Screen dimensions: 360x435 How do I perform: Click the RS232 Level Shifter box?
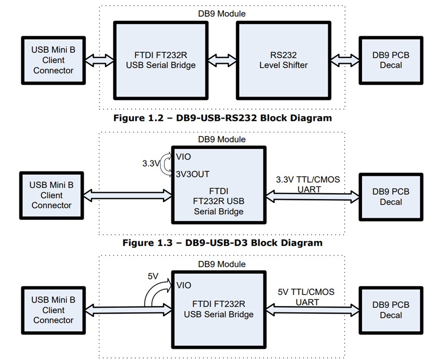coord(283,60)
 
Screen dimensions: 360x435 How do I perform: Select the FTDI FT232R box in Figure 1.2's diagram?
coord(160,60)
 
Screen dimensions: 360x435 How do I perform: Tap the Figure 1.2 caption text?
coord(222,118)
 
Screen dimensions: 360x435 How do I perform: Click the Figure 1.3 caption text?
coord(222,243)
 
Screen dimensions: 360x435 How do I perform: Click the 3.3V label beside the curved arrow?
coord(151,164)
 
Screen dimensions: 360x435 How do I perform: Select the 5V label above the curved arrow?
coord(153,277)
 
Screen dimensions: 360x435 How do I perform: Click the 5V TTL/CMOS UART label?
coord(306,297)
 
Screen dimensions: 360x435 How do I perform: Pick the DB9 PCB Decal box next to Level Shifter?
coord(391,60)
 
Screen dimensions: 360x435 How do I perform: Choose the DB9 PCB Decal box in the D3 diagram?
coord(391,196)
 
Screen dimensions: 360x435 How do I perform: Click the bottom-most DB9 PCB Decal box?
coord(391,310)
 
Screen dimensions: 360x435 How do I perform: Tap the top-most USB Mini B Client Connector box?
coord(53,60)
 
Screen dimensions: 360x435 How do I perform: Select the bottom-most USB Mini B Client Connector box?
coord(53,310)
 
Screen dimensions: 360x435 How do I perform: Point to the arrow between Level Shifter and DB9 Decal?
coord(345,60)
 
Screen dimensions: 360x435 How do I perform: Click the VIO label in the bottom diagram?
coord(184,286)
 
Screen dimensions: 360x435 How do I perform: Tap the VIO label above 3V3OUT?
coord(184,156)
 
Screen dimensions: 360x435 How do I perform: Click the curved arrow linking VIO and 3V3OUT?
coord(166,165)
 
